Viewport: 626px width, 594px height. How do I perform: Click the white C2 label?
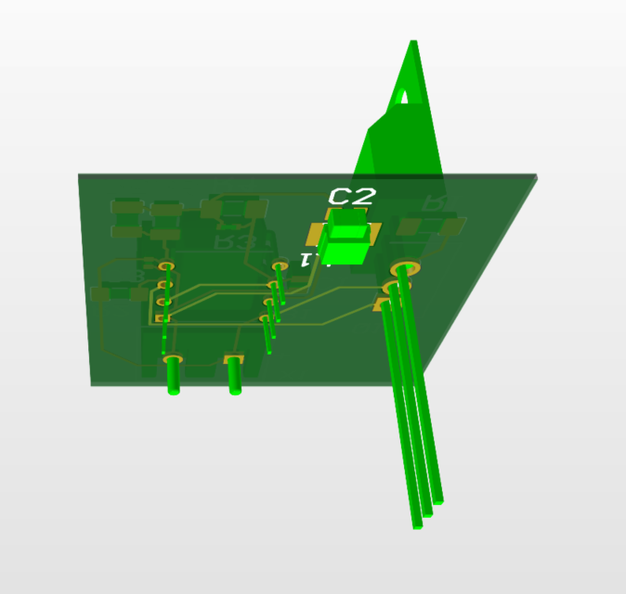click(353, 196)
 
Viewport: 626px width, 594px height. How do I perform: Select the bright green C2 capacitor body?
click(347, 238)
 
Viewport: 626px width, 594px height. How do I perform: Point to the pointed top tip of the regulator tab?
click(414, 43)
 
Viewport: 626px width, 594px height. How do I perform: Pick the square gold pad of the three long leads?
click(384, 304)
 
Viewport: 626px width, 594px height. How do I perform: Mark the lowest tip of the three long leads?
click(418, 525)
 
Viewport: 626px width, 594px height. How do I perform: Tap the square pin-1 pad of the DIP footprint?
click(163, 318)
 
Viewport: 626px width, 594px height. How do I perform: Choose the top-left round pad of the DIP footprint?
click(166, 268)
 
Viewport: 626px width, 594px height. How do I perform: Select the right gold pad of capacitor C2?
click(375, 232)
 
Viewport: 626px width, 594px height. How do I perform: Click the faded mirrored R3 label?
click(233, 242)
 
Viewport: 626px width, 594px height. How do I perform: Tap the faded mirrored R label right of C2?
click(434, 203)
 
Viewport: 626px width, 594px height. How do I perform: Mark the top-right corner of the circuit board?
click(536, 175)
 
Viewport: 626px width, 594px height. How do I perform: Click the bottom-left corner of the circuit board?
click(91, 384)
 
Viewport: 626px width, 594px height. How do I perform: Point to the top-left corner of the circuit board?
click(78, 174)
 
